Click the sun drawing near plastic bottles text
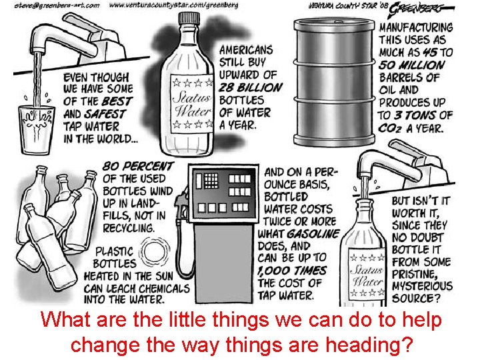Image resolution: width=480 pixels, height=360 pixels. [x=155, y=254]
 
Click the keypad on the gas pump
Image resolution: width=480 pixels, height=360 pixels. [x=211, y=181]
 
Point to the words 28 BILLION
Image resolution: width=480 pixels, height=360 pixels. [x=251, y=87]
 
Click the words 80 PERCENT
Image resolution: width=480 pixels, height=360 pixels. [x=138, y=166]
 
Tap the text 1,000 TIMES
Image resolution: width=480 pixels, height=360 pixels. [x=293, y=270]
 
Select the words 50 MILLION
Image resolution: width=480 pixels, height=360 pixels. [x=411, y=65]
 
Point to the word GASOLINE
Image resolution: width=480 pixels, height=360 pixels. [x=313, y=233]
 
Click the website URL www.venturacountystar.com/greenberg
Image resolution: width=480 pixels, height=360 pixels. [x=174, y=5]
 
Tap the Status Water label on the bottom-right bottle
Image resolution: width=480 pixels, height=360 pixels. [x=367, y=274]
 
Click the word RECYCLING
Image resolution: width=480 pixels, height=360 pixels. [x=128, y=227]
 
